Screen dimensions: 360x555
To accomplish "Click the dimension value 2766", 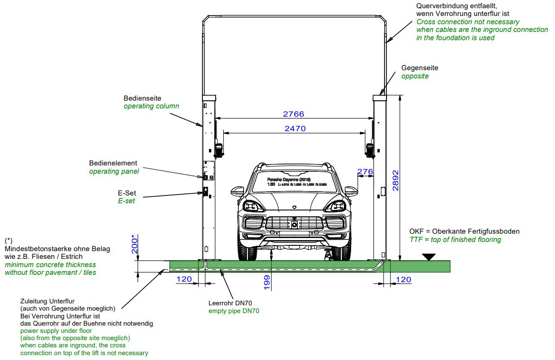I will tap(293, 114).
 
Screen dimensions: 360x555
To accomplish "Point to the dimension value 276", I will tap(365, 172).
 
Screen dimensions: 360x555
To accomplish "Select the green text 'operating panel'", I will tap(114, 171).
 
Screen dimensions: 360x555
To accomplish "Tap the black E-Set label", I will tap(126, 193).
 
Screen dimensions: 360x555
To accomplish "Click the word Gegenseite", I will tap(419, 68).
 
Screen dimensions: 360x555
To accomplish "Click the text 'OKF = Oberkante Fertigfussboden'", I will tap(464, 231).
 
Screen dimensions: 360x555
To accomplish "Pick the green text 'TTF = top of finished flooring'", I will tap(455, 240).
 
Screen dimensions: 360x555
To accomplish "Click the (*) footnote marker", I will tap(9, 240).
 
